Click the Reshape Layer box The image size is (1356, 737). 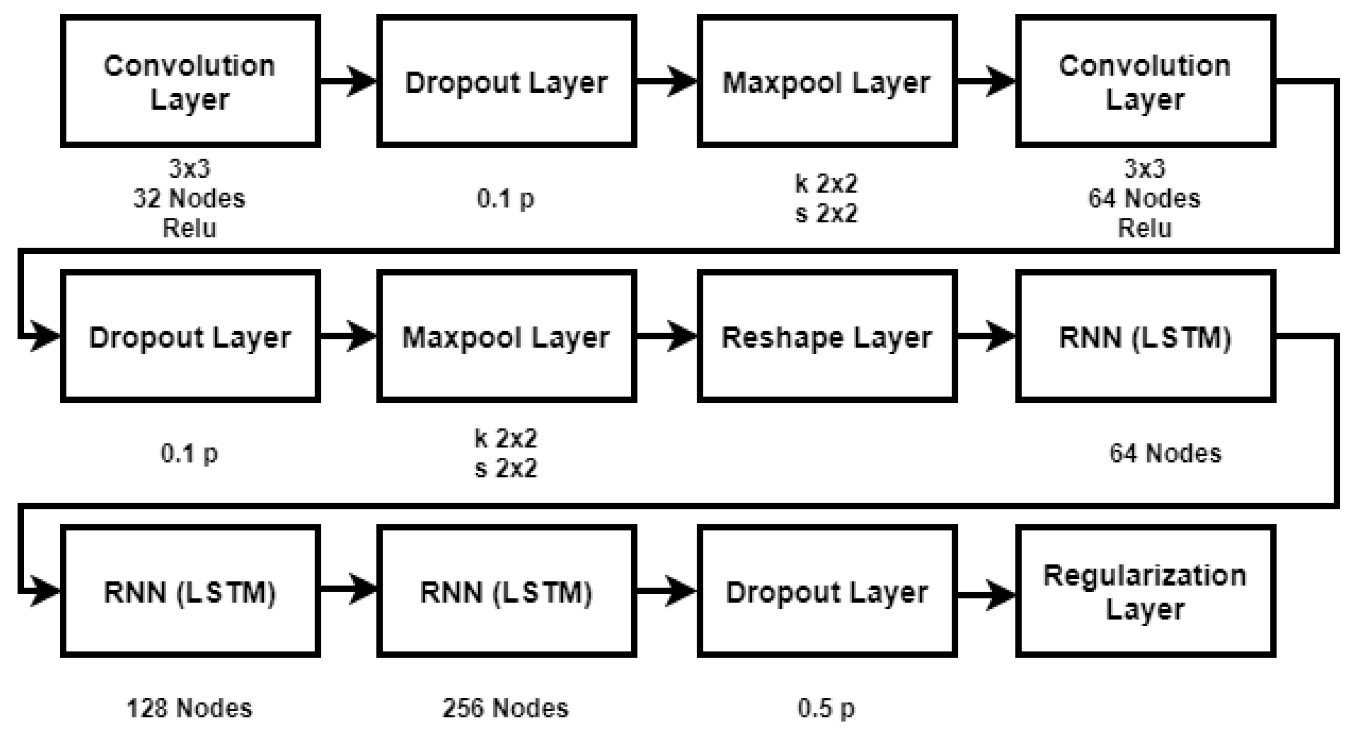pos(827,337)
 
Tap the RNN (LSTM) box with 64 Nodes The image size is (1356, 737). pos(1145,337)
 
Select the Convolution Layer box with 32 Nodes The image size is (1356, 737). pos(190,82)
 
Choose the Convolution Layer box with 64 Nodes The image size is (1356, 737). pos(1145,82)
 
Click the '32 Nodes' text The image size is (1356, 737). pos(190,198)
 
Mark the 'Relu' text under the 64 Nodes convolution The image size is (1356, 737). pos(1145,228)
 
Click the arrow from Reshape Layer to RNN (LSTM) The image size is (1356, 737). pos(985,336)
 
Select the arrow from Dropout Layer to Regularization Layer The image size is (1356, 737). pos(985,595)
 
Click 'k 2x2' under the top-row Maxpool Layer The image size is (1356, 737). pos(826,184)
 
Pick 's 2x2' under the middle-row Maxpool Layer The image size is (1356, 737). pos(506,468)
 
